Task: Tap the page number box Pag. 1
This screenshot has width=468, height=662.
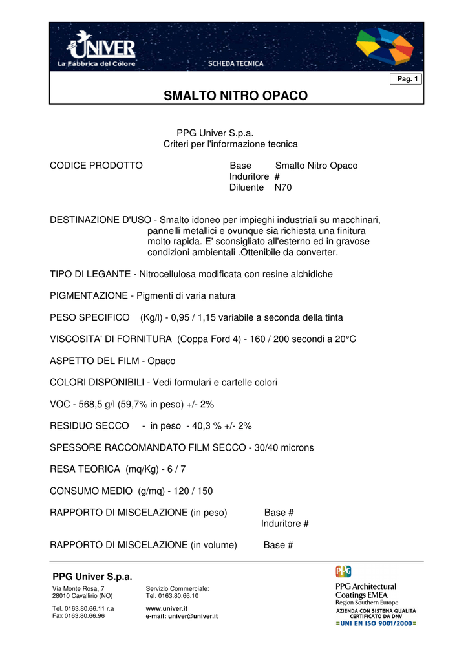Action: [407, 79]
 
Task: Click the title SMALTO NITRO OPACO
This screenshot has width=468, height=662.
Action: [236, 96]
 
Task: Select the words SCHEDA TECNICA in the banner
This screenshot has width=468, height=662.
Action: [235, 63]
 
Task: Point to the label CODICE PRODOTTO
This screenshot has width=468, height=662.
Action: [96, 166]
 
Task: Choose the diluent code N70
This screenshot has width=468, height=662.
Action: [283, 187]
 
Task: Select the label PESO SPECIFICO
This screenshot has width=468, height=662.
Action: [90, 317]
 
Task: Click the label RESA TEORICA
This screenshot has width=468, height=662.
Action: [85, 469]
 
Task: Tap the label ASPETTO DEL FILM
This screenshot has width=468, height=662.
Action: [94, 361]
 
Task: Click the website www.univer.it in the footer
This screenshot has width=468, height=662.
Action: [167, 608]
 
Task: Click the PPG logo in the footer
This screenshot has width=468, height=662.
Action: [343, 571]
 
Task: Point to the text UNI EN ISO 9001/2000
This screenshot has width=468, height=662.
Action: [376, 623]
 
